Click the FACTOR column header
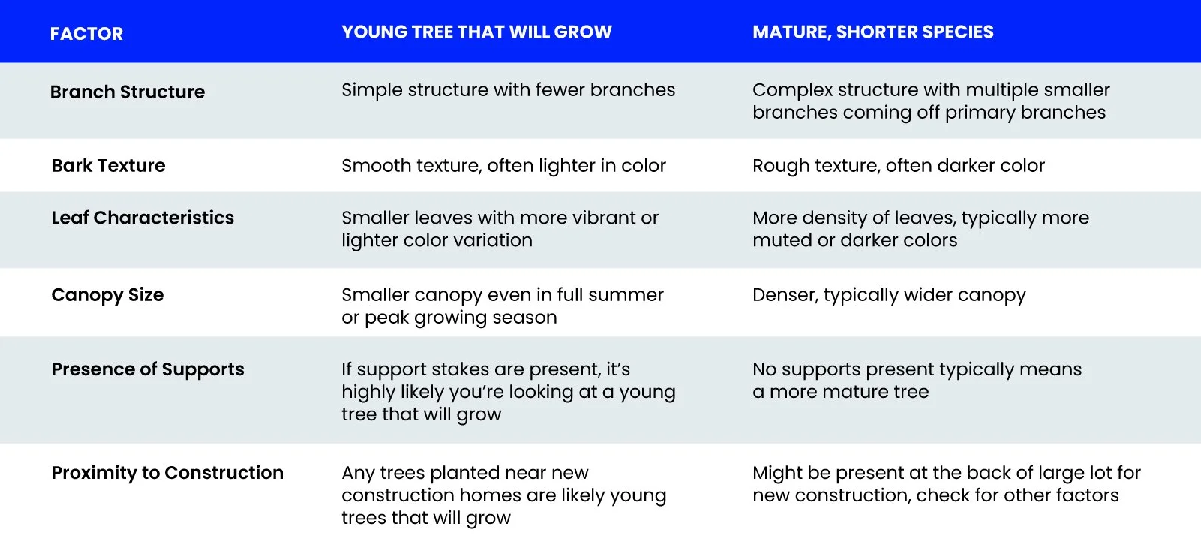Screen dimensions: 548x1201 [86, 34]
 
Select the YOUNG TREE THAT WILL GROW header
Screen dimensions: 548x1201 [476, 32]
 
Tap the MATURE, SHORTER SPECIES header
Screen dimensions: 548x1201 [872, 32]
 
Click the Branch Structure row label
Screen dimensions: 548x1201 [128, 92]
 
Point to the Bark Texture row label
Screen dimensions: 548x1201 [109, 165]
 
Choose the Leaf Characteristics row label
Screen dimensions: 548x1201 [143, 218]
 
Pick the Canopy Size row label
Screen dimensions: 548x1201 [107, 294]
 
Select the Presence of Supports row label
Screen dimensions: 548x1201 [148, 369]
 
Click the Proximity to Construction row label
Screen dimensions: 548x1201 [167, 473]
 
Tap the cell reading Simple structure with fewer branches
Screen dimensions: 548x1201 [508, 90]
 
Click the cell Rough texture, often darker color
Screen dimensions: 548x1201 [898, 165]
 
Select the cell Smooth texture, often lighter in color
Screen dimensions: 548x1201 [503, 165]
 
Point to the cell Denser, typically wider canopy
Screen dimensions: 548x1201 [889, 295]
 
